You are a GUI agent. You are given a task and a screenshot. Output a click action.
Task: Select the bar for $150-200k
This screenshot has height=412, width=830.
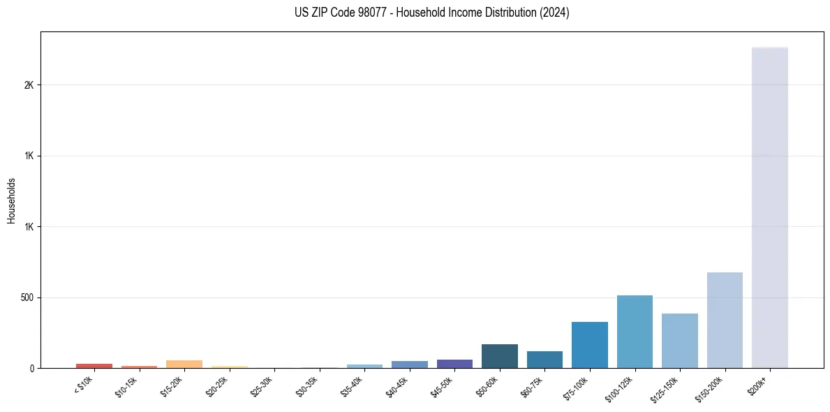725,320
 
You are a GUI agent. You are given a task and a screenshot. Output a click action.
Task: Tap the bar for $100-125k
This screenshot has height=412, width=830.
635,332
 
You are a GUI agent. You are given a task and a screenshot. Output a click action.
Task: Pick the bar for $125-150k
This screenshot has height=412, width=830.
679,341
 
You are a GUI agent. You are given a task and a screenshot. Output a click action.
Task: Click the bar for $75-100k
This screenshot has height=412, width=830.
589,345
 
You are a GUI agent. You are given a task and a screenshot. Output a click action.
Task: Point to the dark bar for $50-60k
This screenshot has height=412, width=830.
499,356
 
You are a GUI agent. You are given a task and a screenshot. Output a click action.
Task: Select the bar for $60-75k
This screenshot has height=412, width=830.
544,360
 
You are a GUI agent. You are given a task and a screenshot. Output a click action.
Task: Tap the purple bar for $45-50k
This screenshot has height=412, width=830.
454,364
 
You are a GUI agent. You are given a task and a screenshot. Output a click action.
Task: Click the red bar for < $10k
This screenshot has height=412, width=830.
94,366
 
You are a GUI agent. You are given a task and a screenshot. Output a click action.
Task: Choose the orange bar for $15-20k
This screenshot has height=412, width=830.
184,365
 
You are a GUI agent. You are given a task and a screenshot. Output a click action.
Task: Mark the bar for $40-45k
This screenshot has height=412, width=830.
410,365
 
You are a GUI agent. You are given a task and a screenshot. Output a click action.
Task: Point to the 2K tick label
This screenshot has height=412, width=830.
29,85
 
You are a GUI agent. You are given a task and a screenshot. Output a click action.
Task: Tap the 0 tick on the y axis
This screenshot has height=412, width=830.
32,368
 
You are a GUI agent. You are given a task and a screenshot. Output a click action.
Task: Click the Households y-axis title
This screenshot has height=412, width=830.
11,200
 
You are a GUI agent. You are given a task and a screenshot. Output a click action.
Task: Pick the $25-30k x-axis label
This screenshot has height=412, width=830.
262,387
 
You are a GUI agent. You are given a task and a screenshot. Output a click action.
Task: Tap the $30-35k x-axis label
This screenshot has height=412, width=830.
307,387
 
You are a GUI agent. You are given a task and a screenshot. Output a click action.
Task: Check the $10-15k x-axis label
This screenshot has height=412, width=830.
127,387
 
